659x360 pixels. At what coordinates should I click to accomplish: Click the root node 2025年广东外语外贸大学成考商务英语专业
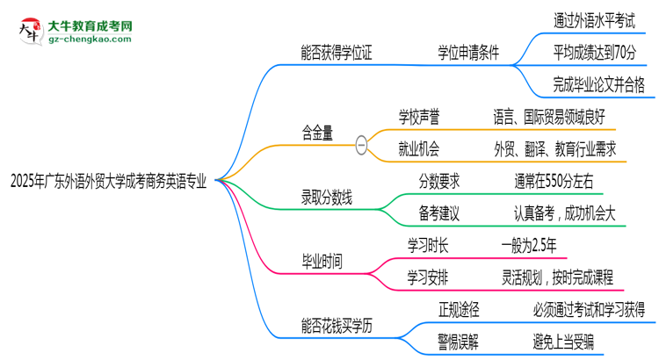tap(109, 182)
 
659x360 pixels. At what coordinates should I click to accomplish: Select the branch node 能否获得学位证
tap(337, 52)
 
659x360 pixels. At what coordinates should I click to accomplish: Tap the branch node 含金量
tap(316, 133)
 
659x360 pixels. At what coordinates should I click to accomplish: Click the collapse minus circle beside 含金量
tap(361, 146)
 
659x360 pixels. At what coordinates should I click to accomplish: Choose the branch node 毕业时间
tap(322, 262)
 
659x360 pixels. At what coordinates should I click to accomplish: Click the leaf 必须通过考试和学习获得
tap(589, 308)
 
